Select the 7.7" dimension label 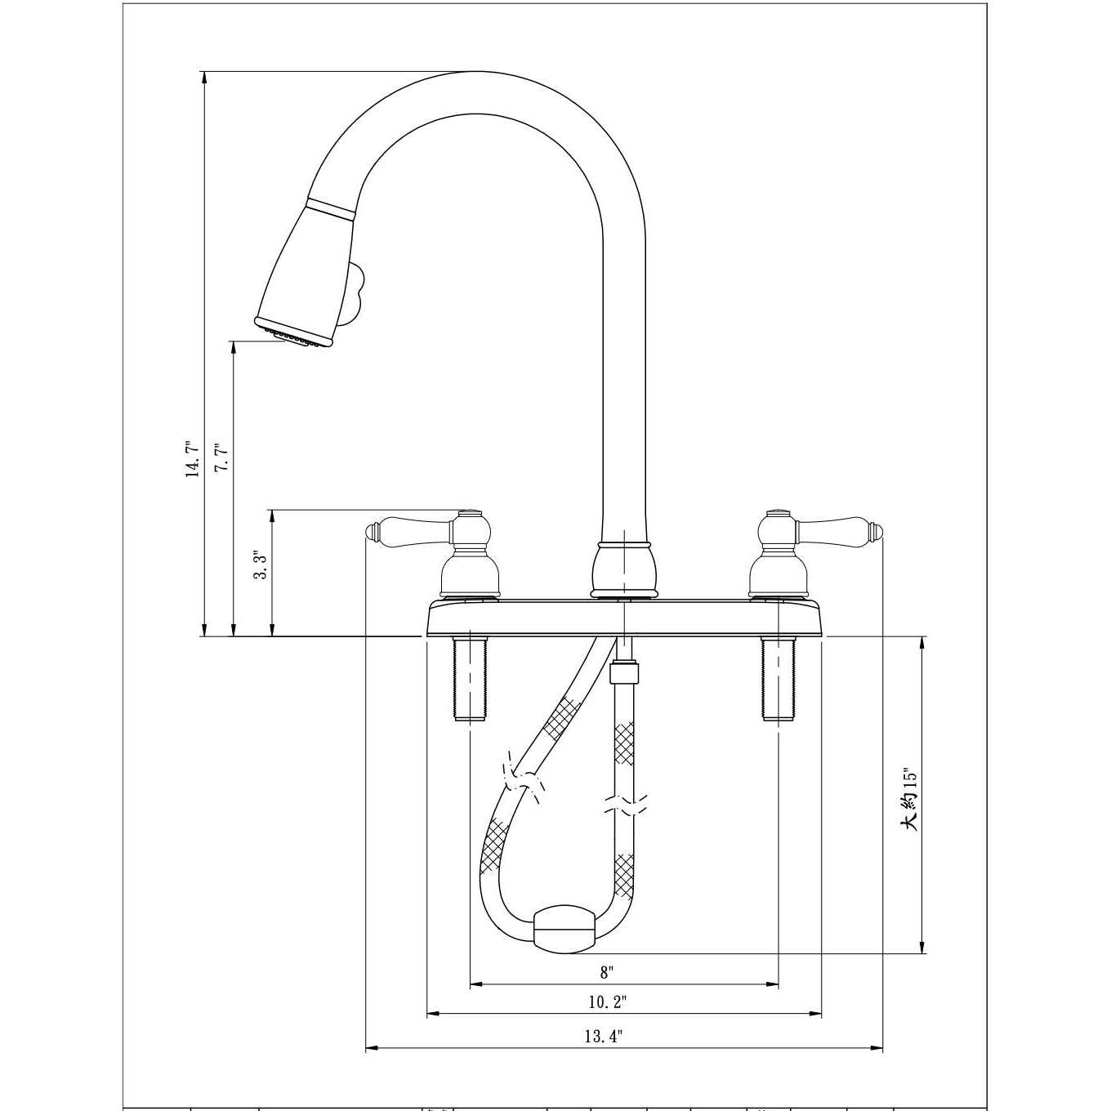click(221, 457)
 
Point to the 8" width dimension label click(606, 972)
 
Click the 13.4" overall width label click(604, 1037)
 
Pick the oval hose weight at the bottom click(561, 929)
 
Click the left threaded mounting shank click(468, 678)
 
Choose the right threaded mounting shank click(778, 678)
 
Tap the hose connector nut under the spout click(625, 675)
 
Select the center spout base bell click(624, 568)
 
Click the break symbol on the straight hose click(624, 804)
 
